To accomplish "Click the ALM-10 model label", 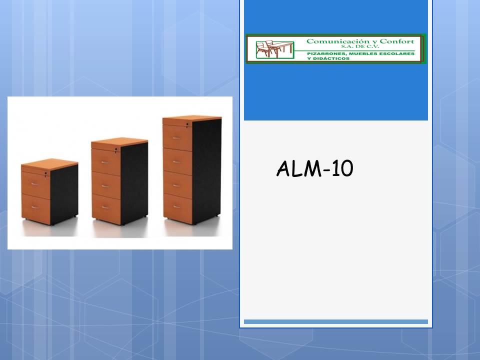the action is pyautogui.click(x=314, y=168).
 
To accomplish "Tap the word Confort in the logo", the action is pyautogui.click(x=396, y=41).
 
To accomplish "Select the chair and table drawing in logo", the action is pyautogui.click(x=274, y=49).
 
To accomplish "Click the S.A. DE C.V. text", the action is pyautogui.click(x=360, y=46).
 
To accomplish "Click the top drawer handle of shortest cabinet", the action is pyautogui.click(x=35, y=184).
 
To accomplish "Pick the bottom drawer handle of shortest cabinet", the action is pyautogui.click(x=35, y=207).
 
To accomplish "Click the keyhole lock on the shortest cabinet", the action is pyautogui.click(x=46, y=174).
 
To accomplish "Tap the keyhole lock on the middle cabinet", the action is pyautogui.click(x=116, y=149).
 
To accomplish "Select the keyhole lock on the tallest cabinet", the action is pyautogui.click(x=187, y=124).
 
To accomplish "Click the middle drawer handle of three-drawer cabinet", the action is pyautogui.click(x=105, y=186).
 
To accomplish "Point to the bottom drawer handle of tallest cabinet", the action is pyautogui.click(x=176, y=206).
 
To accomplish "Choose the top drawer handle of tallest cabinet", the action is pyautogui.click(x=176, y=138).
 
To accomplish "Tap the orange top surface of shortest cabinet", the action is pyautogui.click(x=49, y=163).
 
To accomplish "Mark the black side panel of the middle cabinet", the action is pyautogui.click(x=134, y=183).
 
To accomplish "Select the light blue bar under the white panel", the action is pyautogui.click(x=336, y=321).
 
